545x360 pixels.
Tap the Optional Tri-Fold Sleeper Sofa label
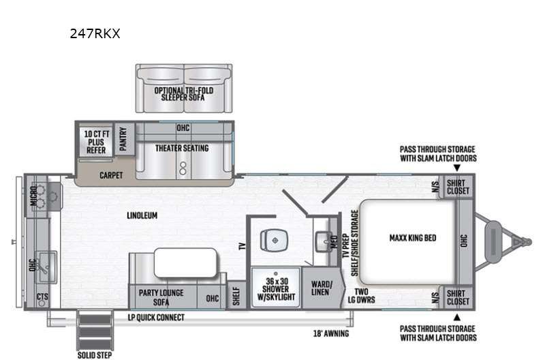[183, 93]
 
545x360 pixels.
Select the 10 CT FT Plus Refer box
[95, 141]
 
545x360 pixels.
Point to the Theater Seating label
[181, 148]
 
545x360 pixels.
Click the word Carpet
[111, 175]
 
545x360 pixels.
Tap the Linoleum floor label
[142, 215]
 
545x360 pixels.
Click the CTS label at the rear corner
[42, 297]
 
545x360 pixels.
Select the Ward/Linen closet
[321, 288]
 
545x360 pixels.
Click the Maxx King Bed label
[412, 238]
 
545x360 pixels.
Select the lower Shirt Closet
[457, 297]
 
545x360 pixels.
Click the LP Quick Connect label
[156, 318]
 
